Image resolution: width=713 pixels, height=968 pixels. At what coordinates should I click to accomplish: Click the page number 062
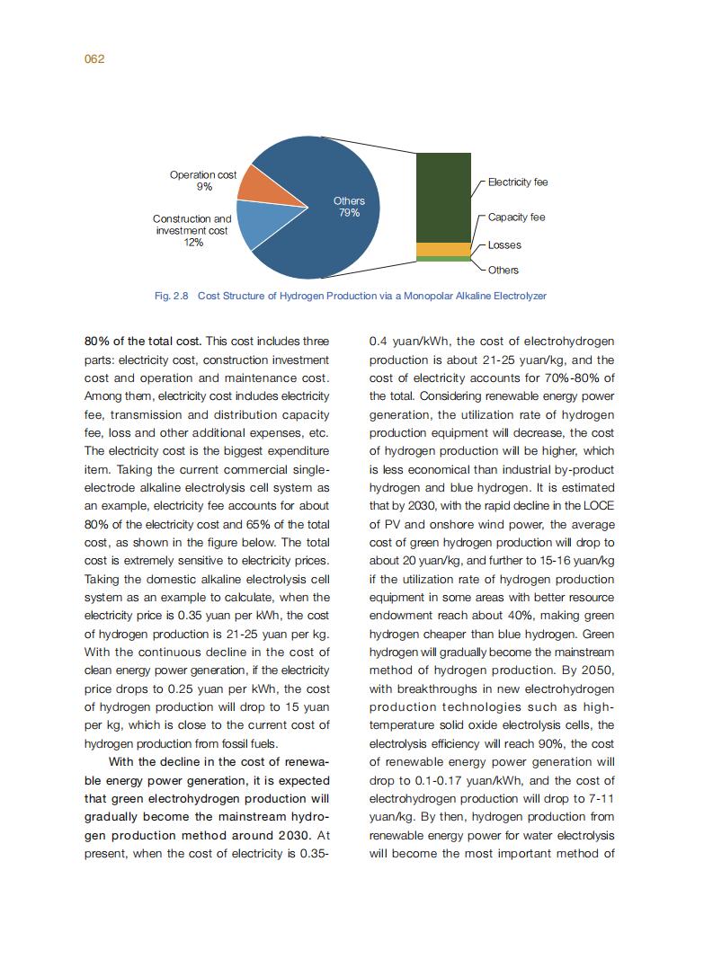(x=94, y=59)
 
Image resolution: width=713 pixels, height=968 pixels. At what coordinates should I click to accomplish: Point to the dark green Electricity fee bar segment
(x=443, y=198)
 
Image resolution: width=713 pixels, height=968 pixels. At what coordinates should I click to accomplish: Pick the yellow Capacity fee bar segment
(x=443, y=249)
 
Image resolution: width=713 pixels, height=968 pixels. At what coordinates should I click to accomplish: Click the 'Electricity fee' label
(x=518, y=182)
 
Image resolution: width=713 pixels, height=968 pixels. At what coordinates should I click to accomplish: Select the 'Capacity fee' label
(x=517, y=218)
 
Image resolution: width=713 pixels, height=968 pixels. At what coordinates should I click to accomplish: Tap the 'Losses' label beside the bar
(x=504, y=245)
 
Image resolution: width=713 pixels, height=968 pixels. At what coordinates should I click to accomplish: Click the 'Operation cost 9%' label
(x=203, y=181)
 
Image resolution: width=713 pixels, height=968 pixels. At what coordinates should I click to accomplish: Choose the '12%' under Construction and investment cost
(x=192, y=243)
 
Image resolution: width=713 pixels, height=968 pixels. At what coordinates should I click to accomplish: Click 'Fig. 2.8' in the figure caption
(x=172, y=296)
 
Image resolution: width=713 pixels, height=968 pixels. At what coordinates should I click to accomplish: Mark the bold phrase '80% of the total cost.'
(x=143, y=342)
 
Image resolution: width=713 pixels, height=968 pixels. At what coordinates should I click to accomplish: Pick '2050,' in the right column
(x=594, y=670)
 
